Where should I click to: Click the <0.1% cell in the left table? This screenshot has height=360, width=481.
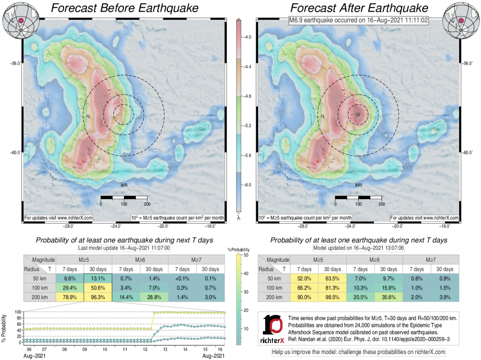point(182,278)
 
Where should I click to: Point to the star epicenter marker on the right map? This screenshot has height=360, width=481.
point(358,114)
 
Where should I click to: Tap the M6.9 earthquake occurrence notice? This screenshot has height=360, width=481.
point(358,20)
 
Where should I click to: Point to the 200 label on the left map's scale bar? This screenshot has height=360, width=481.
point(146,204)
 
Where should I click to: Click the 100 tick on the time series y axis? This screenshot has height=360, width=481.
point(18,312)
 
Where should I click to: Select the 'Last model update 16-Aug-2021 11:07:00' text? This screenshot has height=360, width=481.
point(124,248)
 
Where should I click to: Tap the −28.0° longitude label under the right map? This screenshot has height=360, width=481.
point(303,226)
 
